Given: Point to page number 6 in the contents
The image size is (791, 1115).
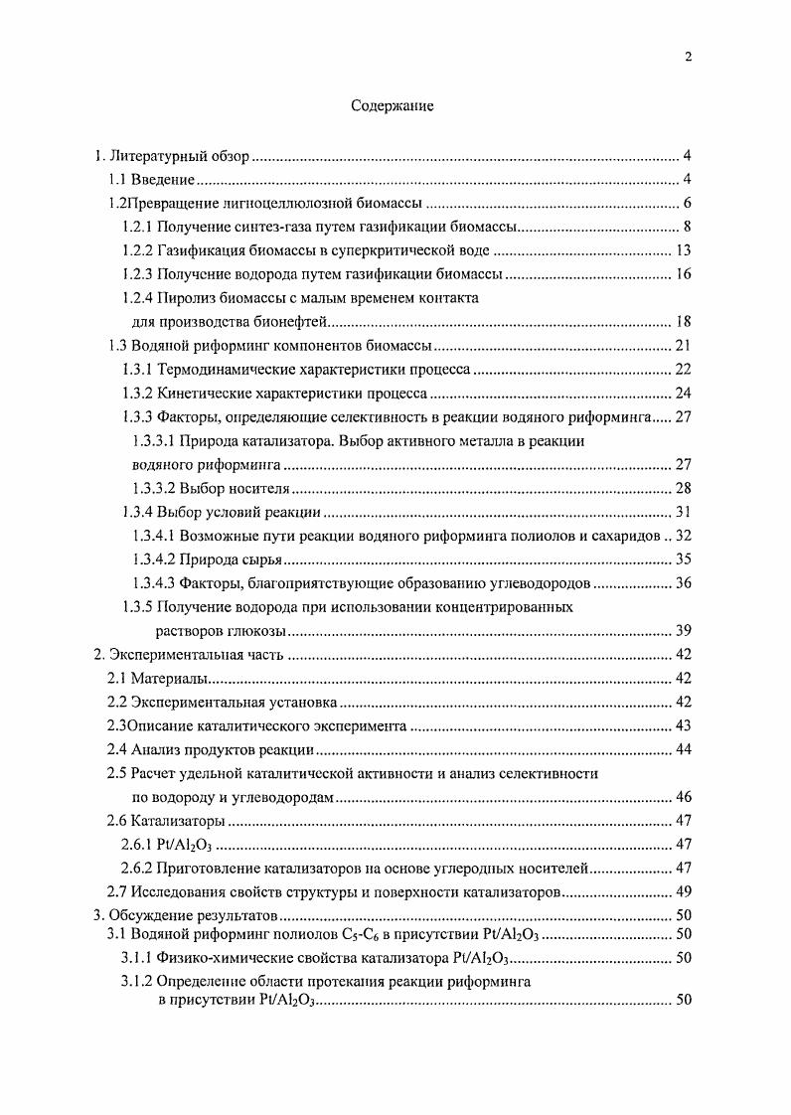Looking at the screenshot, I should (x=686, y=204).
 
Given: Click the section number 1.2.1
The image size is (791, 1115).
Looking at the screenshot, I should (x=137, y=228).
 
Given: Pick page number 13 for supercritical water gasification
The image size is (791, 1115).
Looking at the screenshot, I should (x=683, y=251).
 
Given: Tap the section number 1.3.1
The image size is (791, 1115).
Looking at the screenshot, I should (x=137, y=370).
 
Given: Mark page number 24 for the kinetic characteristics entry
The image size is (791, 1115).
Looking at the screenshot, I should (x=683, y=394).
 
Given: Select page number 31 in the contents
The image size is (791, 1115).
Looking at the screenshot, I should (x=683, y=512).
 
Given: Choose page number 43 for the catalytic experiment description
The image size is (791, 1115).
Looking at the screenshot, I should (x=683, y=725).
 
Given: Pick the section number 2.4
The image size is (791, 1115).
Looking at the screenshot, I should (x=117, y=749).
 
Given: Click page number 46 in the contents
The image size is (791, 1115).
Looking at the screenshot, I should (x=683, y=797).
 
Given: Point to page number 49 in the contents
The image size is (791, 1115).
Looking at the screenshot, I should (x=683, y=891).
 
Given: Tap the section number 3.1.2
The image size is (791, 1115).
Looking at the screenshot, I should (x=137, y=982).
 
